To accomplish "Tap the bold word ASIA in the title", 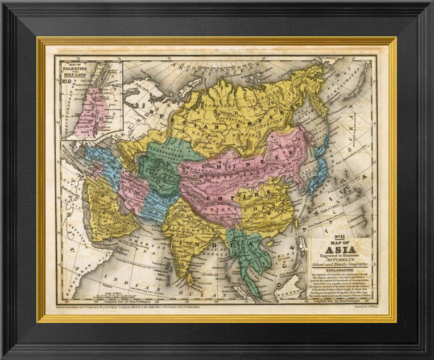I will pyautogui.click(x=340, y=249).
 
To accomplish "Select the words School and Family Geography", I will pyautogui.click(x=340, y=264).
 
